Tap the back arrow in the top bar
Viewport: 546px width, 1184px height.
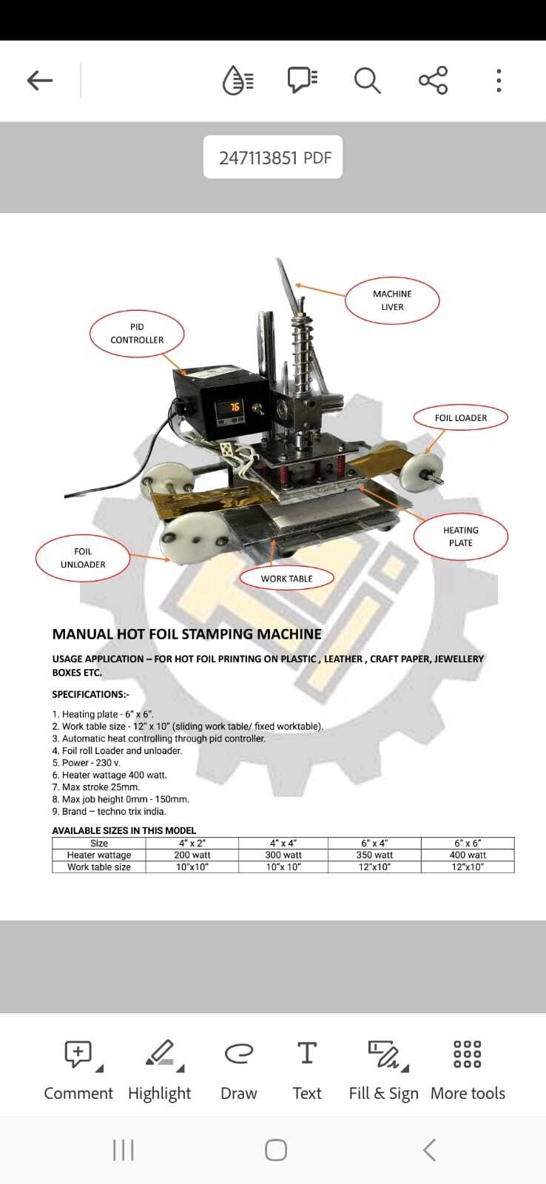point(40,80)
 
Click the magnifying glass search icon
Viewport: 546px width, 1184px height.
point(366,80)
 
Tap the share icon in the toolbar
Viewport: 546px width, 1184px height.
point(433,80)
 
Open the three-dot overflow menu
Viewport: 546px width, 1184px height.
point(499,80)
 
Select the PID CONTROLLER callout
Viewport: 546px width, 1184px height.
point(137,334)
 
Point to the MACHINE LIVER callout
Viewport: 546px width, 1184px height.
point(392,300)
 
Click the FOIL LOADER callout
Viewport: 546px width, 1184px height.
point(460,418)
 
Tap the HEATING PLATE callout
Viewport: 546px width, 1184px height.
point(460,536)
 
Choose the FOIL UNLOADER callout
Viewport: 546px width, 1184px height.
point(83,558)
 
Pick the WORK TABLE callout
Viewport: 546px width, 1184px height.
point(286,579)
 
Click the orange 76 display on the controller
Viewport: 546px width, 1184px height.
point(234,407)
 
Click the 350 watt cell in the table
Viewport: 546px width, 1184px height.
point(374,855)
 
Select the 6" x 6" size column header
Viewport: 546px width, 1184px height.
point(468,843)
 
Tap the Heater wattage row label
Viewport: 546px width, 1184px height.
point(99,855)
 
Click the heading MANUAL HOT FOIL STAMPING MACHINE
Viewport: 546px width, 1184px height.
point(187,634)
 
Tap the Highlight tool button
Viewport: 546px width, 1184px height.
point(160,1069)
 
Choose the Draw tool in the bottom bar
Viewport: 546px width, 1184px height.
point(238,1069)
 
